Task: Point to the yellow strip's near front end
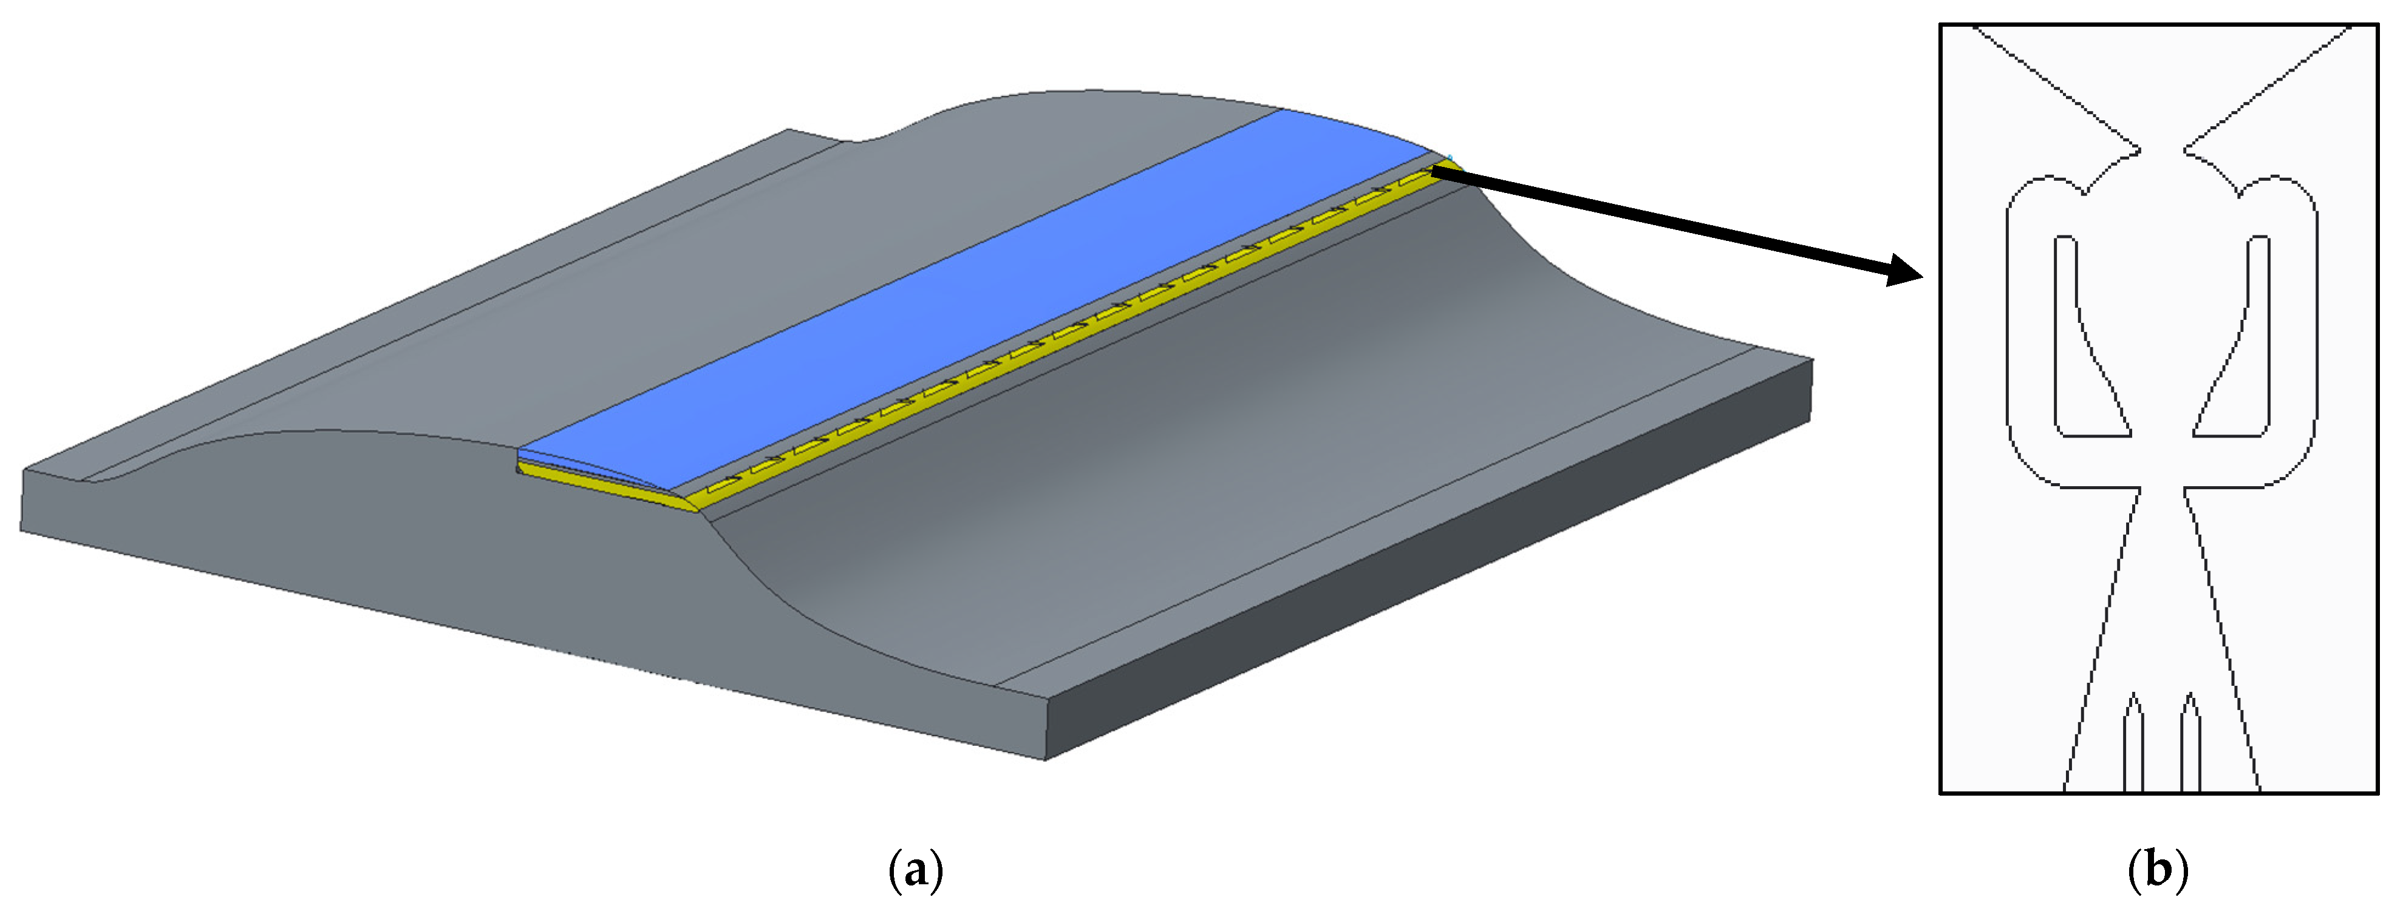(x=606, y=487)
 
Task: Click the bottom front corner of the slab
(x=1045, y=757)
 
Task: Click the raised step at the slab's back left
(x=811, y=136)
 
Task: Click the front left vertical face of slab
(x=466, y=606)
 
